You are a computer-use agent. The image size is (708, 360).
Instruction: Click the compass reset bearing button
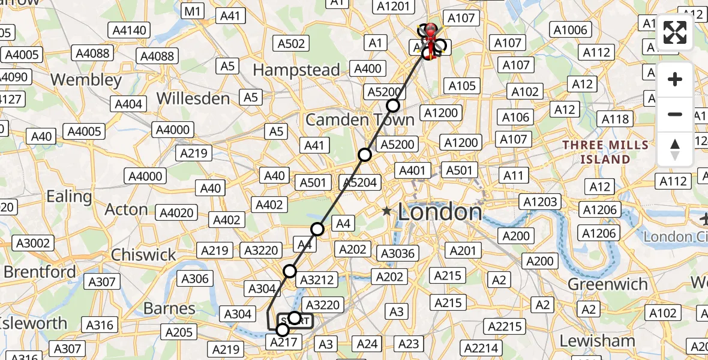pos(675,149)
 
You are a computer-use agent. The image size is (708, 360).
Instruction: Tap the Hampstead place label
pos(296,70)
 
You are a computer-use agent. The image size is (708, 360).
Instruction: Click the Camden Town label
pos(359,120)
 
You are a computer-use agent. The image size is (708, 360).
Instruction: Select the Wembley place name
pos(86,80)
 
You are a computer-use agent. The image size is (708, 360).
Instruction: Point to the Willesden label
pos(193,98)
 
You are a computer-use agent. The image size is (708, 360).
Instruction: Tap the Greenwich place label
pos(607,284)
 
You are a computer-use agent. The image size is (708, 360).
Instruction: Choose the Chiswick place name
pos(143,254)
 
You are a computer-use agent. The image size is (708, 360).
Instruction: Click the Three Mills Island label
pos(605,152)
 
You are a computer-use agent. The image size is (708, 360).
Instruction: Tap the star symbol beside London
pos(387,211)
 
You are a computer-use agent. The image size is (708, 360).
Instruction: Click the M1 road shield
pos(194,11)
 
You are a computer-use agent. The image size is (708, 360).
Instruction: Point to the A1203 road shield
pos(541,202)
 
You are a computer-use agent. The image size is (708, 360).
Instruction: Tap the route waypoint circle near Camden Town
pos(392,106)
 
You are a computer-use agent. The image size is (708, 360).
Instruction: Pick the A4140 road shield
pos(128,30)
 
